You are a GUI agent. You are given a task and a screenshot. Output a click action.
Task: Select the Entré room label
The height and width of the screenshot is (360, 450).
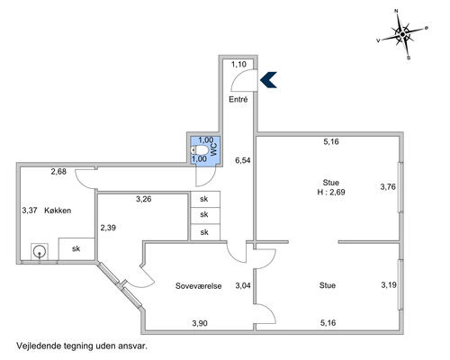238,99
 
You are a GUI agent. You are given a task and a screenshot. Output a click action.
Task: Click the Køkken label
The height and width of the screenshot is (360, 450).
58,211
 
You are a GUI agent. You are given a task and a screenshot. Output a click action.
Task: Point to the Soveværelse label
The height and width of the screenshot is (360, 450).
198,286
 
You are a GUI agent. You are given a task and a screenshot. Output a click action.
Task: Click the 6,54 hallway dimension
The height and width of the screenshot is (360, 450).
243,160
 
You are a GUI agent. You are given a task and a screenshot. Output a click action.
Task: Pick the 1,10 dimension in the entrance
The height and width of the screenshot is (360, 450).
238,64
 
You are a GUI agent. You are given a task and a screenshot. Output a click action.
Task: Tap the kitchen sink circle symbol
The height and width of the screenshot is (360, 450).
39,251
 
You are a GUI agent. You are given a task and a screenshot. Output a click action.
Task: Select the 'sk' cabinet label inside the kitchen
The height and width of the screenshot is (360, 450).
76,248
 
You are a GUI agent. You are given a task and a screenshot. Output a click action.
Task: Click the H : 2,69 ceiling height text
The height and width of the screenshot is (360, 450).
331,192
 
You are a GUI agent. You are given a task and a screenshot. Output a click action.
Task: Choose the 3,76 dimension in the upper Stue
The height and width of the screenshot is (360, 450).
388,187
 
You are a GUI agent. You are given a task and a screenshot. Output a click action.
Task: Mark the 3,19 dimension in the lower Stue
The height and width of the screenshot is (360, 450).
389,284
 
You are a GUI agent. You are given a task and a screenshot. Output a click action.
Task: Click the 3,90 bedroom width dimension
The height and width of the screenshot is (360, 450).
200,323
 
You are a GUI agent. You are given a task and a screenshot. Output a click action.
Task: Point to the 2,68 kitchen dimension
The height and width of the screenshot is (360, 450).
58,172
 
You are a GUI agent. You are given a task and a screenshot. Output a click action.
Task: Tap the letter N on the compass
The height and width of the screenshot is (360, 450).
396,11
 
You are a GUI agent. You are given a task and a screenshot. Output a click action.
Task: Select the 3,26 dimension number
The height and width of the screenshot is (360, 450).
144,199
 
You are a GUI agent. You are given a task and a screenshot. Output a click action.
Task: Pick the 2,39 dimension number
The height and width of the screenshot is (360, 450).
108,228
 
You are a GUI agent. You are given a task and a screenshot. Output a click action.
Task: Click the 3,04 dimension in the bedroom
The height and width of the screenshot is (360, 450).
243,285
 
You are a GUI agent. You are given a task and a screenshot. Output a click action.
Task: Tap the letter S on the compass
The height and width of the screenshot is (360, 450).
409,58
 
